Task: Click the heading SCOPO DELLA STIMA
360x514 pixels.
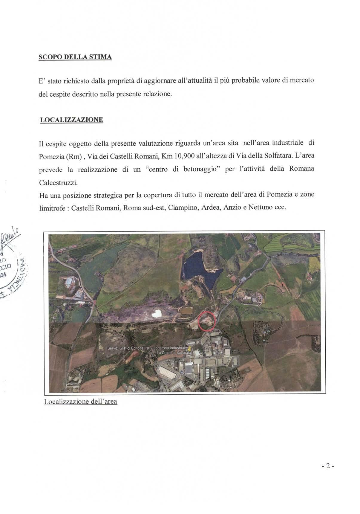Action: [75, 57]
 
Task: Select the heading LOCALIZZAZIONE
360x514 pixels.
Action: [71, 120]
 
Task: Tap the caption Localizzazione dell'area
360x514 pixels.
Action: [80, 401]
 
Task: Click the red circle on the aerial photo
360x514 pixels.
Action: [207, 321]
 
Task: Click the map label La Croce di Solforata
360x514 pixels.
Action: [174, 353]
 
